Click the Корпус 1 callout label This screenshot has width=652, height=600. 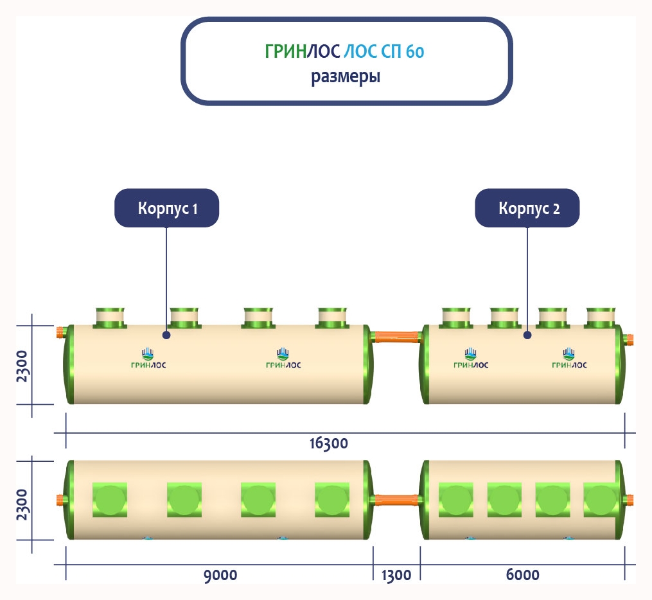click(x=167, y=208)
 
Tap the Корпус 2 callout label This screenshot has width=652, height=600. click(x=527, y=208)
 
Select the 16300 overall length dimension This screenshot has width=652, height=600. click(x=328, y=443)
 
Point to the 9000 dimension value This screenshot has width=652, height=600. click(x=220, y=574)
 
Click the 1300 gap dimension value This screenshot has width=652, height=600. click(x=396, y=575)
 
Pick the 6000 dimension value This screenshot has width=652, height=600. click(x=522, y=574)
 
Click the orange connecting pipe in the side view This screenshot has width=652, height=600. click(x=397, y=336)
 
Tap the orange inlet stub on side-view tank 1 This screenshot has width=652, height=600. click(x=61, y=333)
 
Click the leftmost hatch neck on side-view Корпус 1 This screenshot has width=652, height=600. click(x=110, y=317)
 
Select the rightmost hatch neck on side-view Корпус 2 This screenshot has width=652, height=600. click(x=601, y=317)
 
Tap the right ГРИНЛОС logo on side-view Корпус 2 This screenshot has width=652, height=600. click(x=569, y=359)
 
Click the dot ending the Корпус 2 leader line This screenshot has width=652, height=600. click(x=527, y=335)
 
